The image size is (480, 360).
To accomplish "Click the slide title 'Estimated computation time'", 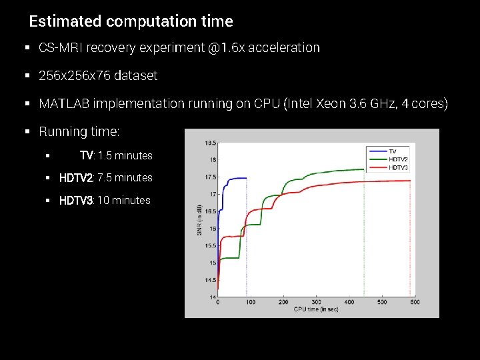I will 131,21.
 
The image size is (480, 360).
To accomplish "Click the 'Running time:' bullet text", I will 79,132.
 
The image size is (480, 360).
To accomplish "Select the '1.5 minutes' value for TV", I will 125,156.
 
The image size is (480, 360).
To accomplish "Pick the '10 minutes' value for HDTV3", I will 124,201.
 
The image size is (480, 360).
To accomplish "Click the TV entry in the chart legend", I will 393,151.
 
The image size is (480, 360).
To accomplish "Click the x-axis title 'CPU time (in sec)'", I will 316,309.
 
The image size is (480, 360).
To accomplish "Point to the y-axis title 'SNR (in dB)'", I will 199,220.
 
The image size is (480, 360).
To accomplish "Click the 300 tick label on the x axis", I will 316,302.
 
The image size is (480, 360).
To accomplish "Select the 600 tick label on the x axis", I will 414,302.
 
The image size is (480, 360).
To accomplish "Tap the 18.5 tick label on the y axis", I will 210,143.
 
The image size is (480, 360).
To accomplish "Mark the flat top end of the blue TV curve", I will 243,178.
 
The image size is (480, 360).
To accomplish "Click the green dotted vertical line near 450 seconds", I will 364,233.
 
